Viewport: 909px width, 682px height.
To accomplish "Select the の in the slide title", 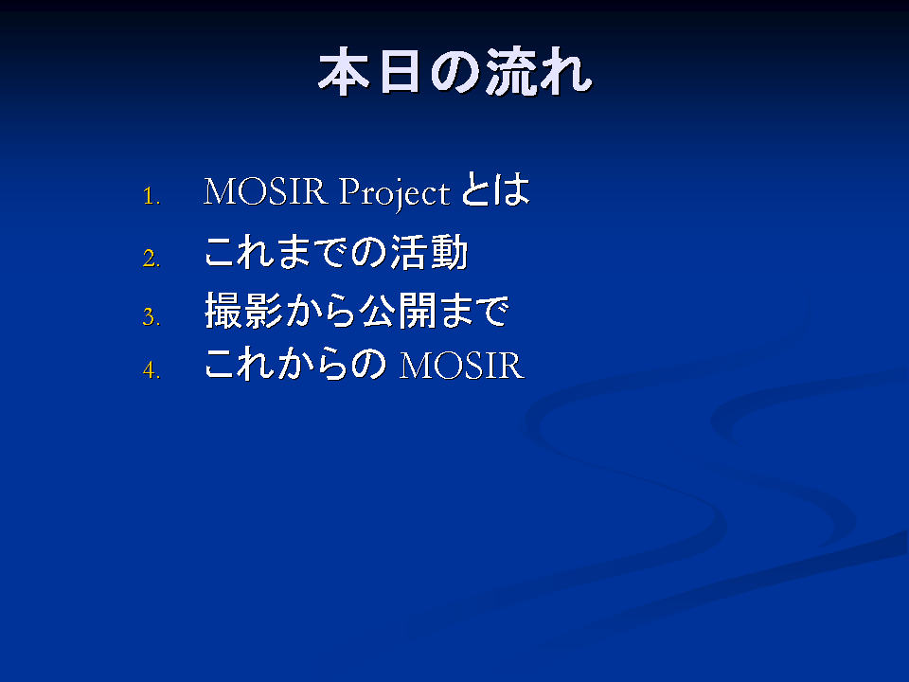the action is point(454,72).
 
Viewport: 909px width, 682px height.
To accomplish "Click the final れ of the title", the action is point(564,72).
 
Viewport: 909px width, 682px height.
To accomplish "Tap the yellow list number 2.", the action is point(151,258).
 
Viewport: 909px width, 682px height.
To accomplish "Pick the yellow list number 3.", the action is point(151,316).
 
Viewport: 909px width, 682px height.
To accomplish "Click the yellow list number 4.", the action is point(151,369).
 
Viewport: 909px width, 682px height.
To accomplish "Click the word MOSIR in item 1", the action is point(265,190).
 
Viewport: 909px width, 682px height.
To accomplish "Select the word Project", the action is point(394,193).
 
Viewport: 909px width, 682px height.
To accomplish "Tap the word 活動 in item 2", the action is point(429,252).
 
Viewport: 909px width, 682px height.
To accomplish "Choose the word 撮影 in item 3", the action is point(243,311).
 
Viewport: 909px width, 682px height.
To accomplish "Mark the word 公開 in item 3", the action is point(398,311).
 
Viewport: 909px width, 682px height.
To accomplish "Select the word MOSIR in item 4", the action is point(462,366).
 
